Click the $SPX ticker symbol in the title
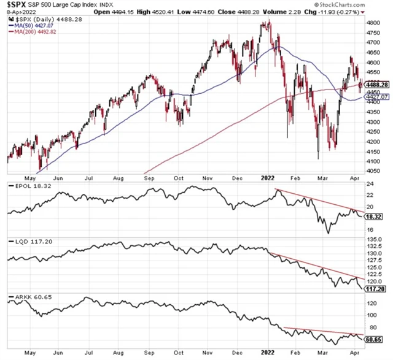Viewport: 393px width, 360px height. pos(20,6)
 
